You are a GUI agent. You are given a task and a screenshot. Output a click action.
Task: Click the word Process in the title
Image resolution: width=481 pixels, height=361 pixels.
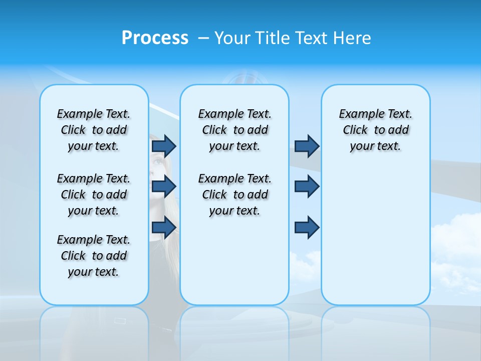tap(155, 38)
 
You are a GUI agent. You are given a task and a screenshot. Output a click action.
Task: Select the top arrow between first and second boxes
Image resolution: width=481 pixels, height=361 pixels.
tap(164, 146)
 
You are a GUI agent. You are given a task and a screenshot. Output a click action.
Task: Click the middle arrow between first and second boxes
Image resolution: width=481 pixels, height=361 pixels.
tap(164, 187)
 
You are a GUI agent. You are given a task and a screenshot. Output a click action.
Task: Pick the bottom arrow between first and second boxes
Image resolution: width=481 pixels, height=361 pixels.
tap(164, 227)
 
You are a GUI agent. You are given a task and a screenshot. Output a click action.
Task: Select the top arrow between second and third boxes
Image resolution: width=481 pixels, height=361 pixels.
tap(307, 146)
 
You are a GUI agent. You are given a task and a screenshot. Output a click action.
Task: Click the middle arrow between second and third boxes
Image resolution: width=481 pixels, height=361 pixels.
tap(307, 187)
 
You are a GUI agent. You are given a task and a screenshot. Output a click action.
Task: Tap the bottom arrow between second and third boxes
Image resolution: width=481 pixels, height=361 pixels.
tap(307, 227)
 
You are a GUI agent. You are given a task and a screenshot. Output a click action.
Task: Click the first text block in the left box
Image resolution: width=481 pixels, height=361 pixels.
tap(94, 130)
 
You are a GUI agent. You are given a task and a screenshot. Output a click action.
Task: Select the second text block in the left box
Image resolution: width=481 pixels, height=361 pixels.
tap(94, 195)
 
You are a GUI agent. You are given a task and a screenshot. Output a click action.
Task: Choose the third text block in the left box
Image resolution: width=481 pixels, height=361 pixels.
tap(94, 256)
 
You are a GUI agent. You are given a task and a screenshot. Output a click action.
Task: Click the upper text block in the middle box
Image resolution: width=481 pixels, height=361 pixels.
tap(234, 130)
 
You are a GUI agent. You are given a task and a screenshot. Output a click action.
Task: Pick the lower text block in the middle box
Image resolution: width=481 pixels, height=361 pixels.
tap(234, 195)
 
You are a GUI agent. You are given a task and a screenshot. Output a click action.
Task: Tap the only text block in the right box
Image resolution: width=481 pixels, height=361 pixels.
tap(375, 130)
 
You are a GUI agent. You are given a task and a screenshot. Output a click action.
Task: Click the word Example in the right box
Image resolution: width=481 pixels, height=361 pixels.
tap(357, 114)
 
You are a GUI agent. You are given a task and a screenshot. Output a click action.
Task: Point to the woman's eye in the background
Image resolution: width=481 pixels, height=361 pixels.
tap(159, 162)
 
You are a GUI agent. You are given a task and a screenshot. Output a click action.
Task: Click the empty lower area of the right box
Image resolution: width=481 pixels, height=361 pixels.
tap(375, 236)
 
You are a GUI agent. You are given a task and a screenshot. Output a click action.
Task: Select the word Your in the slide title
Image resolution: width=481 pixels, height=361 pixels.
tap(232, 38)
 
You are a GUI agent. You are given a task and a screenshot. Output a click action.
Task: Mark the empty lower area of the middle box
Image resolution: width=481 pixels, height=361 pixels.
tap(234, 261)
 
